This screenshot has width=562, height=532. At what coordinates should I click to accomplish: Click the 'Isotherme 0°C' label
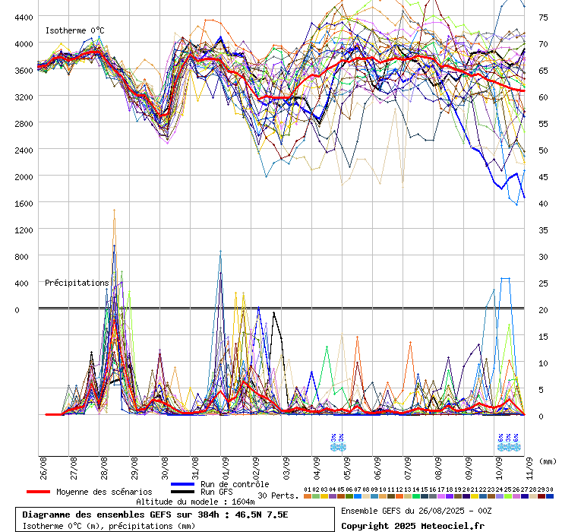click(x=74, y=30)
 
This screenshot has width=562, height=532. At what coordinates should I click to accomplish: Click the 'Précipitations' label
click(x=77, y=283)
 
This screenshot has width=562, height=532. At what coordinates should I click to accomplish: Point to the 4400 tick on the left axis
click(x=23, y=17)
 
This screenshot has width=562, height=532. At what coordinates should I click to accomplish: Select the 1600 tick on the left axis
click(x=23, y=203)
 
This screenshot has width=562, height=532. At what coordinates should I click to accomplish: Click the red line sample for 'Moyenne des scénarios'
click(x=39, y=492)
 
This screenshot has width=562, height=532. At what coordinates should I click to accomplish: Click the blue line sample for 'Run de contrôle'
click(x=183, y=484)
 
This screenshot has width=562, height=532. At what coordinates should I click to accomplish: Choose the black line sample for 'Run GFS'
click(x=183, y=492)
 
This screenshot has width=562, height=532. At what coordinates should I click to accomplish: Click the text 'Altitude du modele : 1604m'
click(x=194, y=502)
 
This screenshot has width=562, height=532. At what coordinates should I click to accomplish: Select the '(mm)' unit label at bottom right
click(x=548, y=461)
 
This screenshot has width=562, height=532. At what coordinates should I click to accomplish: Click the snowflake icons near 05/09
click(x=337, y=442)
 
